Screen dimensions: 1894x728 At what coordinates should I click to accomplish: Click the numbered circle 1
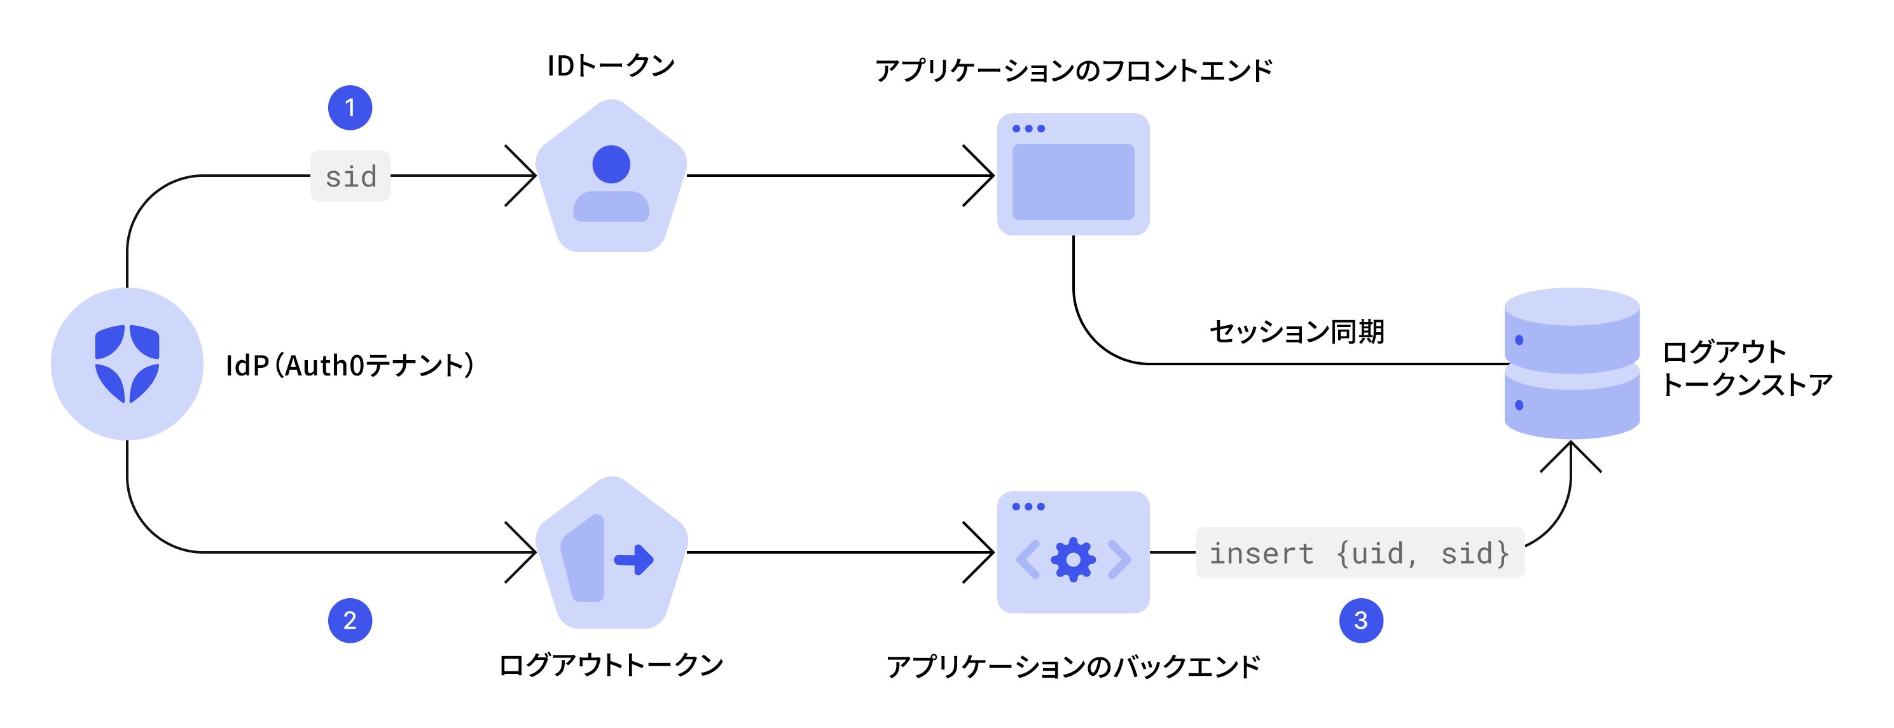coord(350,108)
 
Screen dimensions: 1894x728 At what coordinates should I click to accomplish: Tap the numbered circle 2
coord(350,620)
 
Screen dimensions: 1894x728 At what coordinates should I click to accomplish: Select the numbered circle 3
coord(1361,620)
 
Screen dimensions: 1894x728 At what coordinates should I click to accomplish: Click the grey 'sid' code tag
coord(350,176)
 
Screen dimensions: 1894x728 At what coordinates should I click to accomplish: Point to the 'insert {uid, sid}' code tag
coord(1360,552)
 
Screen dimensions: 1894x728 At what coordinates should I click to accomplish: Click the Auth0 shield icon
coord(127,364)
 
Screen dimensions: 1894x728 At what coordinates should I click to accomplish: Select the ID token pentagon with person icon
coord(611,176)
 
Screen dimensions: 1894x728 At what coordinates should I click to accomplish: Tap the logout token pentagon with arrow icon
coord(611,552)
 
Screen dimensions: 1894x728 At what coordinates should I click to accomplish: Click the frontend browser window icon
coord(1073,174)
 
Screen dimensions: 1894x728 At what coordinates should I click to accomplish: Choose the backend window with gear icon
coord(1073,552)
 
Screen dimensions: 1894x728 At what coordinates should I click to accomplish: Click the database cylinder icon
coord(1572,363)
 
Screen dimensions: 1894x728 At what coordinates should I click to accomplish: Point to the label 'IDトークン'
coord(611,66)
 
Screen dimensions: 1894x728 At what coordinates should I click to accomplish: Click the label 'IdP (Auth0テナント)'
coord(350,365)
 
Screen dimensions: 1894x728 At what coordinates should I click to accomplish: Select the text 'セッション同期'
coord(1297,332)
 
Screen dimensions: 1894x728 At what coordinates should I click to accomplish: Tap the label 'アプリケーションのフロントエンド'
coord(1074,71)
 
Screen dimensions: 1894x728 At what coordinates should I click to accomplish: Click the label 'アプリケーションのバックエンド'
coord(1074,666)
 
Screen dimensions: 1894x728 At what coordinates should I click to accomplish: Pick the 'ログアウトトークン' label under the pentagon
coord(611,665)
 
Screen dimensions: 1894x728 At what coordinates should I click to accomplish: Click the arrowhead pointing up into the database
coord(1571,456)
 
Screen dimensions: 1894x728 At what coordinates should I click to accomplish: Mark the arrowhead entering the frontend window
coord(979,176)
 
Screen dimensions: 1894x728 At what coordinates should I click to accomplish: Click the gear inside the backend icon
coord(1074,559)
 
